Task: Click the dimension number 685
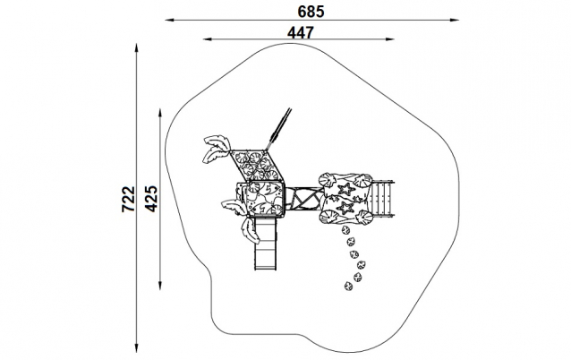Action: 311,12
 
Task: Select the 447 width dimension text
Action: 301,33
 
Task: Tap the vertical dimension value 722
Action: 128,199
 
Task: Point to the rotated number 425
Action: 151,199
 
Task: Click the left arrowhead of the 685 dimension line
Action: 170,20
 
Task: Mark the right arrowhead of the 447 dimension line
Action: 389,39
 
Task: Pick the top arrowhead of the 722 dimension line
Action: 137,48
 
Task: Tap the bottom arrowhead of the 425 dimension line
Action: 160,285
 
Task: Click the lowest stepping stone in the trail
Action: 348,286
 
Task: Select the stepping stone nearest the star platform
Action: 345,230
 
